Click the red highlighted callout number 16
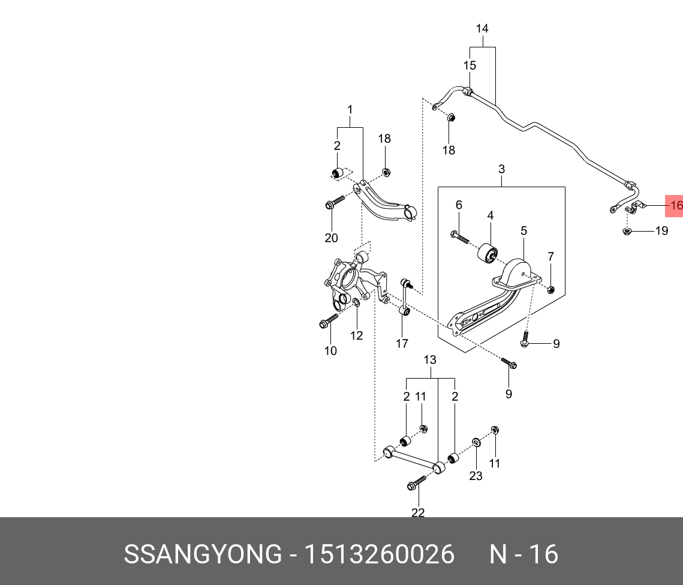[x=676, y=206]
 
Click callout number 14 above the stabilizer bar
[x=482, y=28]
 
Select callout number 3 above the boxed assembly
[x=501, y=170]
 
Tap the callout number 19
[x=661, y=230]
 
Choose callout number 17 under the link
[x=402, y=343]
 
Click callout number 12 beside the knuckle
[x=357, y=335]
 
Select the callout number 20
[x=331, y=238]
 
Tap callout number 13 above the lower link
[x=430, y=360]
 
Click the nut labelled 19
[x=627, y=231]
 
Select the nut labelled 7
[x=551, y=290]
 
